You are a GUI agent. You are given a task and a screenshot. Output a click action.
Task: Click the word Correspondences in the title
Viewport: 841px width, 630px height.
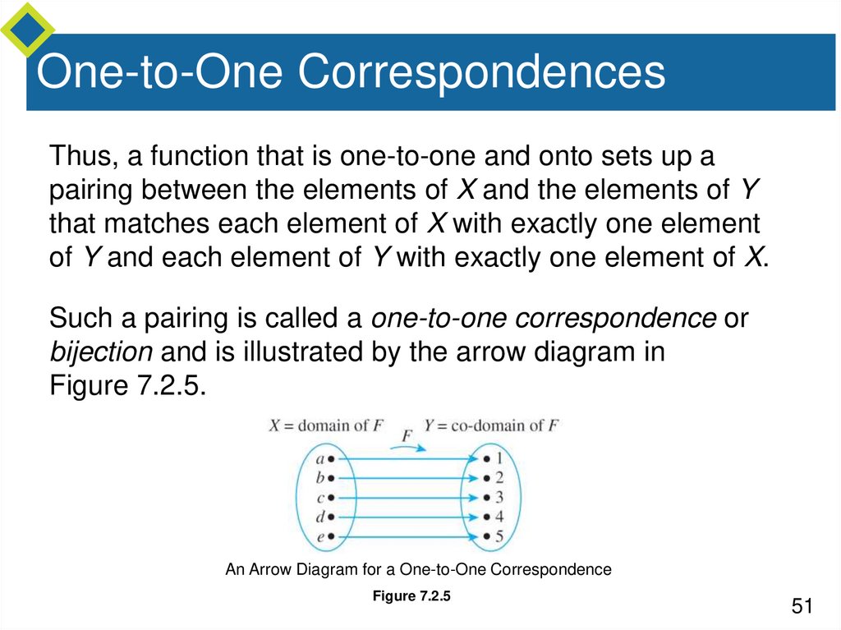(x=480, y=72)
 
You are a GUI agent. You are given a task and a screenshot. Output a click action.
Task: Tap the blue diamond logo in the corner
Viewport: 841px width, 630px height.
(x=27, y=28)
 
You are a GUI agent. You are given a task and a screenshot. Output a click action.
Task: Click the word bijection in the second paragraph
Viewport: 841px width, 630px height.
(x=101, y=352)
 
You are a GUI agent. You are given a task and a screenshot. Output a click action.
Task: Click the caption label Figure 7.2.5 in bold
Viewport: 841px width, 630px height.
(x=411, y=597)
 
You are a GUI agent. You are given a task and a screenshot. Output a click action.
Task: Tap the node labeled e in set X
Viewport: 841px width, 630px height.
(x=324, y=536)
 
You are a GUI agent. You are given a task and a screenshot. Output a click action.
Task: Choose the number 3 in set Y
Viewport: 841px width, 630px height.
(x=494, y=498)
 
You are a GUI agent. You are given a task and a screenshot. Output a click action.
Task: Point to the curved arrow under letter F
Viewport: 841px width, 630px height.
(x=408, y=444)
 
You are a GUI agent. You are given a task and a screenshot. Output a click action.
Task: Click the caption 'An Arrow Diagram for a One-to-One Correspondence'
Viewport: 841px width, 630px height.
(x=418, y=569)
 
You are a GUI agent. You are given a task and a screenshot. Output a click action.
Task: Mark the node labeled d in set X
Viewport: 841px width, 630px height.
(x=324, y=517)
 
